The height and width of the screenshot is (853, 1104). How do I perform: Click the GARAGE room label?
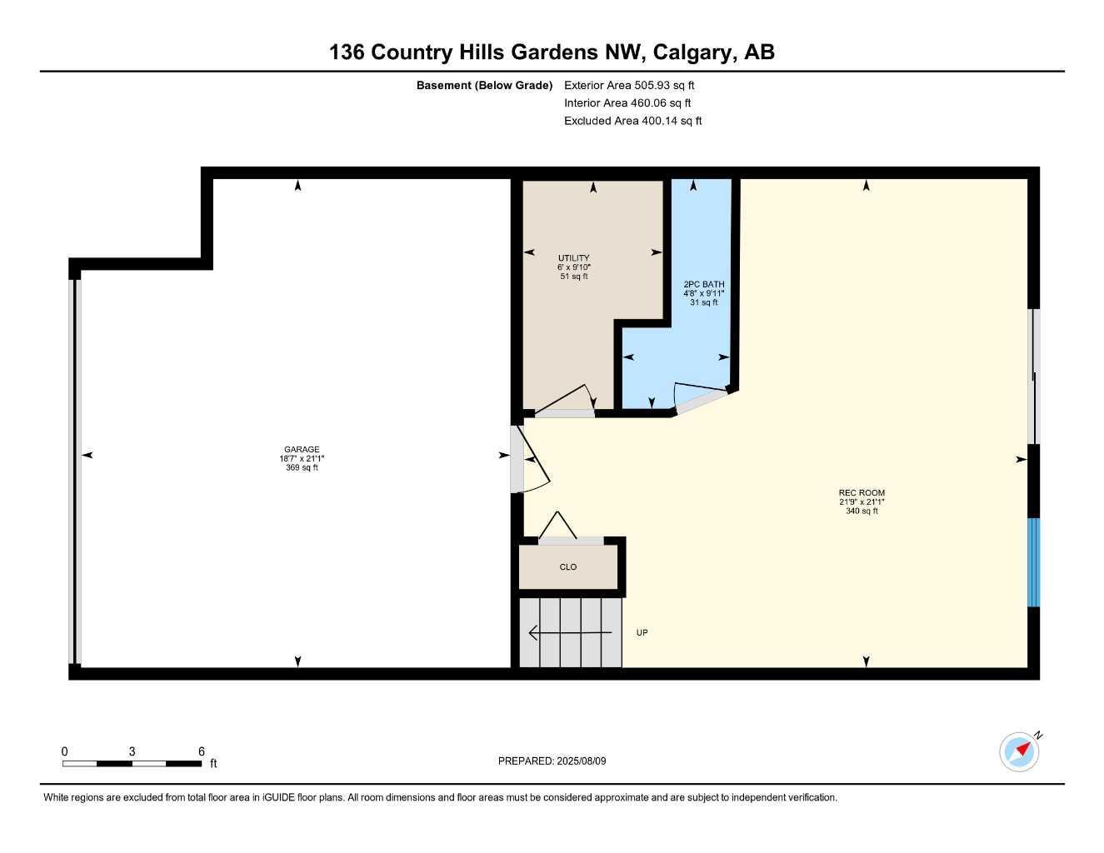(x=302, y=449)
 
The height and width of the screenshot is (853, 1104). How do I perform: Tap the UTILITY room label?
(x=573, y=258)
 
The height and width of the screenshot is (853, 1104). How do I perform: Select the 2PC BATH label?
(x=704, y=284)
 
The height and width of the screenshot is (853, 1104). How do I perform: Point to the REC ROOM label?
(x=862, y=492)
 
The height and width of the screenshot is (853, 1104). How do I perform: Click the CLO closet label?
(x=568, y=566)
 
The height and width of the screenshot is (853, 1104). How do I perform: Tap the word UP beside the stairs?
(x=642, y=632)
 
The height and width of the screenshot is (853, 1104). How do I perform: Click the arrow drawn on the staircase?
(x=570, y=632)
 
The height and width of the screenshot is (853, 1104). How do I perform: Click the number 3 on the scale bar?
(x=132, y=751)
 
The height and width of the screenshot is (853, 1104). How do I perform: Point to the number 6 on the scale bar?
(x=202, y=751)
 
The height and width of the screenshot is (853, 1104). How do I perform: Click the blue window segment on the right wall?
(x=1033, y=562)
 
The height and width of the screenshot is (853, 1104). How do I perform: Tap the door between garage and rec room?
(x=530, y=460)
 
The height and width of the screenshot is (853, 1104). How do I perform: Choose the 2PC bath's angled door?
(x=702, y=398)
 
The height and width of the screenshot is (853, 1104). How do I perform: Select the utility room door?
(x=565, y=402)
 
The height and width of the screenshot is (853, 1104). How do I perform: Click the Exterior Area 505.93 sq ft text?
(x=629, y=85)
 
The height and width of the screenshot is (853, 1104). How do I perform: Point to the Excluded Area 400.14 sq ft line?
(x=632, y=121)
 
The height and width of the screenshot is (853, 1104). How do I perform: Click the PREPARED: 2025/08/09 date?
(x=552, y=761)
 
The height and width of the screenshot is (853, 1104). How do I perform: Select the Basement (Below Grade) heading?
(x=484, y=85)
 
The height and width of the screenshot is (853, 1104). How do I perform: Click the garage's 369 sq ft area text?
(x=302, y=467)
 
